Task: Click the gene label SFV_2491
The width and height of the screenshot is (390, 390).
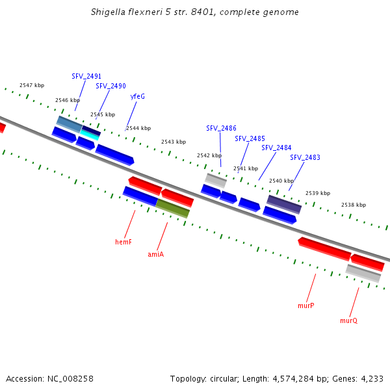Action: tap(86, 76)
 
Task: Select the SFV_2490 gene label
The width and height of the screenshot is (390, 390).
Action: tap(110, 86)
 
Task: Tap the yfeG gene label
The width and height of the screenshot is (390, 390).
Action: tap(137, 96)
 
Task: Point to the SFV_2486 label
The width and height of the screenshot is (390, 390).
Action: tap(221, 128)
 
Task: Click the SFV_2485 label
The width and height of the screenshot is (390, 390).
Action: tap(250, 138)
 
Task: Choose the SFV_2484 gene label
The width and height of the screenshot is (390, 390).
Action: tap(276, 148)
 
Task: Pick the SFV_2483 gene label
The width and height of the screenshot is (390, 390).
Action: tap(305, 157)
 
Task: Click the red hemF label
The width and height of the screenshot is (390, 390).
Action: tap(123, 242)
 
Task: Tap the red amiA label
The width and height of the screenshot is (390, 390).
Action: tap(155, 254)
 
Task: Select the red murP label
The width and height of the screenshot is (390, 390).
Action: tap(306, 305)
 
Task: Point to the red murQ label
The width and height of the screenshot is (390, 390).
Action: tap(348, 320)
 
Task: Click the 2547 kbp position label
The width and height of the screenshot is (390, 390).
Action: tap(32, 85)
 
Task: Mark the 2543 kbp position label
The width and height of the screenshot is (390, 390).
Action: tap(174, 142)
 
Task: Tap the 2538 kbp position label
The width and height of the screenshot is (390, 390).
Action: tap(354, 205)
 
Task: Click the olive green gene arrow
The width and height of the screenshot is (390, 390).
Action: tap(172, 208)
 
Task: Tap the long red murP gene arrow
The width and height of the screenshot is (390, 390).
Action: tap(324, 249)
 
